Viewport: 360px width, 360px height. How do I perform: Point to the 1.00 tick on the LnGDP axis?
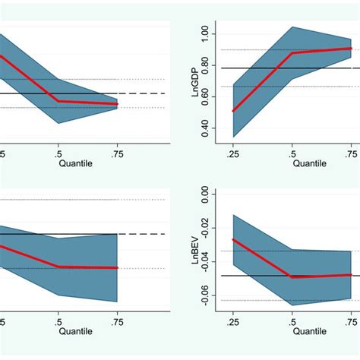coord(203,34)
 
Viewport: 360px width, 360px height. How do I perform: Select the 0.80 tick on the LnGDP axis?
coord(203,68)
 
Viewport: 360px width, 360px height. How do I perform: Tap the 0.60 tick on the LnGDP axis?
coord(203,101)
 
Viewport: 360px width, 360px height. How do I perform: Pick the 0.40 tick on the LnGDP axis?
coord(203,134)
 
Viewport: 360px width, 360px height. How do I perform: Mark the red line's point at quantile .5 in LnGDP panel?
coord(292,52)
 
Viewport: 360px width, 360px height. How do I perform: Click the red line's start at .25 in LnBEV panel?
coord(233,239)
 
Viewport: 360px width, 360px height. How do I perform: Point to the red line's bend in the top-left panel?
coord(58,101)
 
